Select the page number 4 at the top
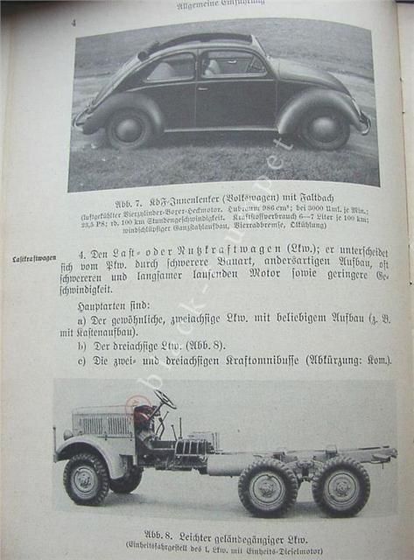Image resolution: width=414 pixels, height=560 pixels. [74, 22]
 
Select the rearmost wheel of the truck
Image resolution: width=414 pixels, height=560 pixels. [340, 486]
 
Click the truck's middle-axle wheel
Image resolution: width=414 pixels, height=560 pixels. [270, 486]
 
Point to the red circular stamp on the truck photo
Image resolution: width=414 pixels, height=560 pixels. [137, 407]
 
